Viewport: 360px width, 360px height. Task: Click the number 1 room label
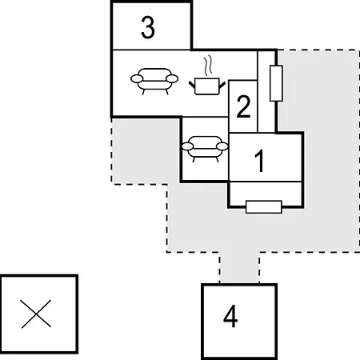[x=259, y=161]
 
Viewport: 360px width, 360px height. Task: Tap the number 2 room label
[x=243, y=106]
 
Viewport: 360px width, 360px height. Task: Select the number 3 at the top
[x=148, y=27]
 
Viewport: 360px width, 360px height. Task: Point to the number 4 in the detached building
[x=230, y=316]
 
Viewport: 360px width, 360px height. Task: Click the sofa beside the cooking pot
[x=154, y=81]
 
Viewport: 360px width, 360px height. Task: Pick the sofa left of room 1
[x=205, y=149]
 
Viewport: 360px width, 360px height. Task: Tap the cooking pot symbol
[x=207, y=86]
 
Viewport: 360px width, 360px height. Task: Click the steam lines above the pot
[x=208, y=66]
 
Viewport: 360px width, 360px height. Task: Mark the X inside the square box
[x=36, y=314]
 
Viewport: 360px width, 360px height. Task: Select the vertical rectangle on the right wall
[x=276, y=83]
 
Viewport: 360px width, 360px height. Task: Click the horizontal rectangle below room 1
[x=264, y=207]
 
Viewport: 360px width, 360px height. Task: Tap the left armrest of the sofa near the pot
[x=137, y=78]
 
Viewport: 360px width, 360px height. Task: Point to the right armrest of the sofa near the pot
[x=172, y=78]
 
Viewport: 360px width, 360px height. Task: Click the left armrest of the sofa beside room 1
[x=187, y=146]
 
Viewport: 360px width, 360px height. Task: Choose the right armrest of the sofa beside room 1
[x=222, y=146]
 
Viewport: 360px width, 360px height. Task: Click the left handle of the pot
[x=192, y=85]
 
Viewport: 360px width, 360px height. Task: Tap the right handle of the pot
[x=222, y=85]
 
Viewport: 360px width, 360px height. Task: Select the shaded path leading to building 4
[x=239, y=267]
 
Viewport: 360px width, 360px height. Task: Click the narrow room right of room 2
[x=266, y=91]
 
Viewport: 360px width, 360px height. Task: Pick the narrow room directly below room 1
[x=266, y=194]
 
